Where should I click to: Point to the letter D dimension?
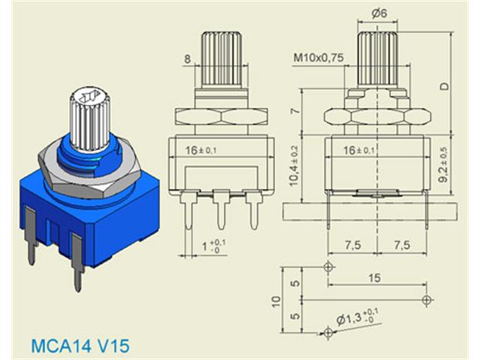[445, 87]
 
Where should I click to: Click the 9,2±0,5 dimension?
[445, 169]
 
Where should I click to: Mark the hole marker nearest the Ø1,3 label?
[328, 331]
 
